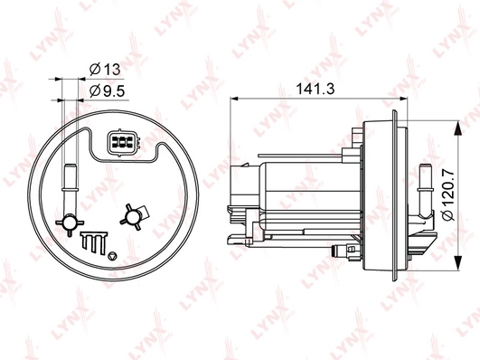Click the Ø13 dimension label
point(105,70)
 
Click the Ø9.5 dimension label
point(108,91)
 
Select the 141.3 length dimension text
point(315,89)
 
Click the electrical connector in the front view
point(123,143)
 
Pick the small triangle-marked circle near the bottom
point(113,255)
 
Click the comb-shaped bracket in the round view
point(93,242)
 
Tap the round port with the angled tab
point(134,217)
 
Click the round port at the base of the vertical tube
point(70,223)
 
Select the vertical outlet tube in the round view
point(71,188)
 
